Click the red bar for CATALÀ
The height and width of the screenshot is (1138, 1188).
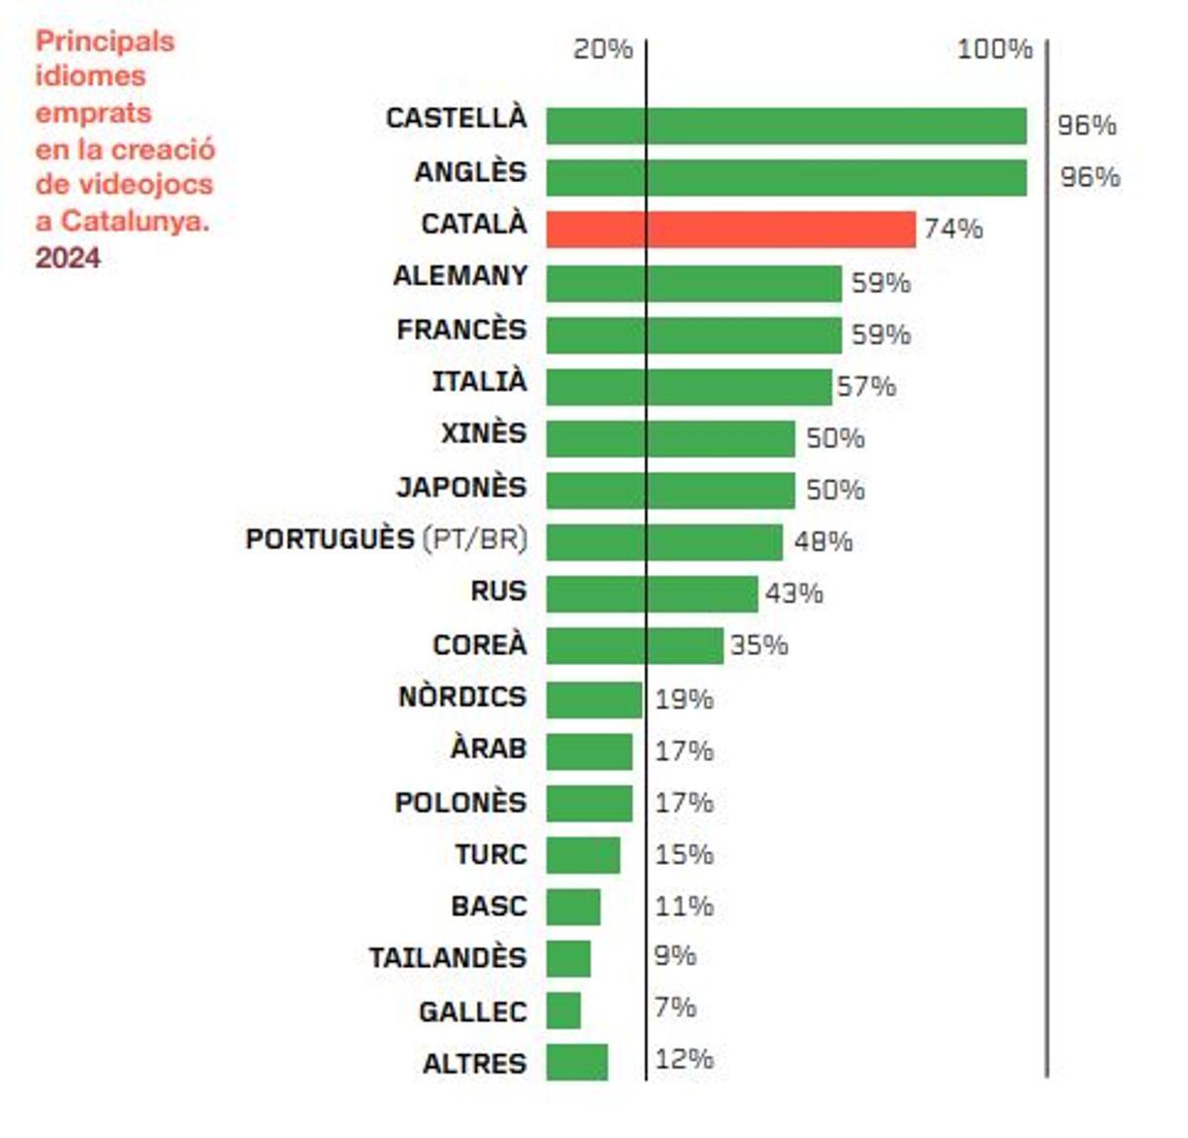[731, 229]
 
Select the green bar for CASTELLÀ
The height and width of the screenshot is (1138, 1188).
[786, 126]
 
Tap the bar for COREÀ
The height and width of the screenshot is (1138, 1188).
[635, 645]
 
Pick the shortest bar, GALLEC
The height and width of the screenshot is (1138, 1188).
[563, 1010]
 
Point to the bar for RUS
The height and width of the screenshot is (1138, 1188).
[651, 594]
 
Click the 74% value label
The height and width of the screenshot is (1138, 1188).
[953, 229]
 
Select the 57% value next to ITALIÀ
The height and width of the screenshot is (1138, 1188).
[866, 386]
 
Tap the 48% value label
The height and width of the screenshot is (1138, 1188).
[823, 541]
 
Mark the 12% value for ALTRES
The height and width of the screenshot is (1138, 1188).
[684, 1059]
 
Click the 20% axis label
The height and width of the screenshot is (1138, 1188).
[603, 48]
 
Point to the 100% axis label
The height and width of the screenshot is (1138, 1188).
[994, 48]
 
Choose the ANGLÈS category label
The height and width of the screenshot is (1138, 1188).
[470, 171]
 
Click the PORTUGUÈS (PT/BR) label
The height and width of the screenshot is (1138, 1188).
[386, 539]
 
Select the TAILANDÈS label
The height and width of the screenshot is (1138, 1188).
[447, 958]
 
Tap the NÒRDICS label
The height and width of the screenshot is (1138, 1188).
[462, 697]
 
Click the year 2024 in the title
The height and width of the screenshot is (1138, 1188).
[68, 257]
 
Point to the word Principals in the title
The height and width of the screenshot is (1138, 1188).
[105, 42]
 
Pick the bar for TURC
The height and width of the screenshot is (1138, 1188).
[583, 855]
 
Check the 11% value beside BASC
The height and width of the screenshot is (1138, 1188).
[684, 905]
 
